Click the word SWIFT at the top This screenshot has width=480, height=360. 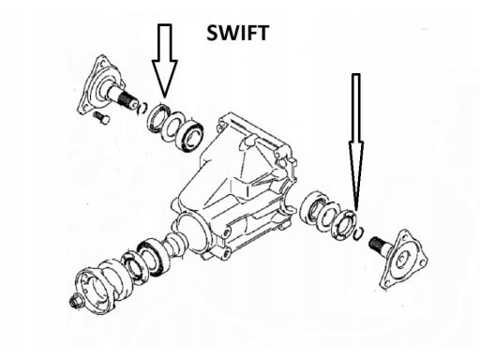click(237, 33)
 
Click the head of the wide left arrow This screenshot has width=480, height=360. click(165, 78)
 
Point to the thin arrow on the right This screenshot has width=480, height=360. click(356, 142)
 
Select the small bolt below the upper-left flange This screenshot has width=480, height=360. click(101, 117)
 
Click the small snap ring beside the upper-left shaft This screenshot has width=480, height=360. click(142, 108)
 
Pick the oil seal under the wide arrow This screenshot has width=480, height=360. click(158, 118)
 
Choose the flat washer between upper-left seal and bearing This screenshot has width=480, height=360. click(172, 126)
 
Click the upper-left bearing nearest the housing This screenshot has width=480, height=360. click(191, 136)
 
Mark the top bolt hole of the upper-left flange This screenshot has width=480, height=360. click(101, 64)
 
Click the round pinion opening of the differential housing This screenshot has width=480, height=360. click(190, 231)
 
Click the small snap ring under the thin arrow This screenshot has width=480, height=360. click(359, 233)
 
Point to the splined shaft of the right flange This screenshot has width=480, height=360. click(377, 245)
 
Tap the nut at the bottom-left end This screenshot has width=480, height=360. click(76, 301)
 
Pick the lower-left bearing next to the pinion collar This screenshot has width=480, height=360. click(154, 258)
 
